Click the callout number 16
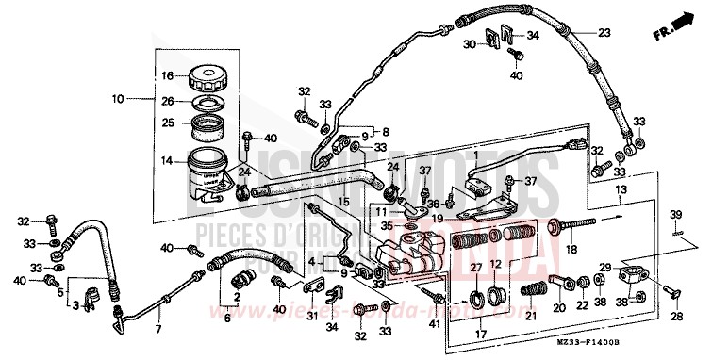pos(166,75)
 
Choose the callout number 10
pos(118,98)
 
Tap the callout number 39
pos(675,214)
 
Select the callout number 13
pos(620,189)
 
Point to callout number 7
pos(157,329)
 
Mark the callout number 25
pos(166,122)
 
